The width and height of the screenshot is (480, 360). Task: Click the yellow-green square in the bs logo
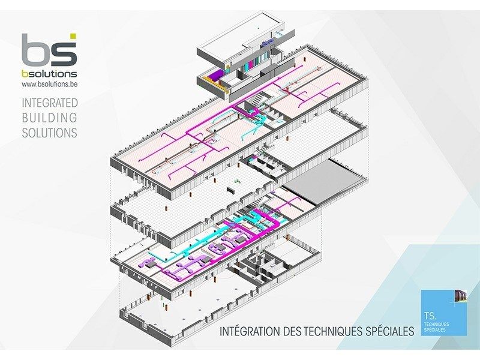click(x=73, y=37)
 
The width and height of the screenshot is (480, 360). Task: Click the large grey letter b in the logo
click(x=35, y=51)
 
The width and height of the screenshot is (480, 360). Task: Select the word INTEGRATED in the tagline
click(x=49, y=103)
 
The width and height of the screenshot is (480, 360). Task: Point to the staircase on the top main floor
click(x=259, y=98)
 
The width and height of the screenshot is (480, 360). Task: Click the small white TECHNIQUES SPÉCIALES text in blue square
click(x=436, y=326)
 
